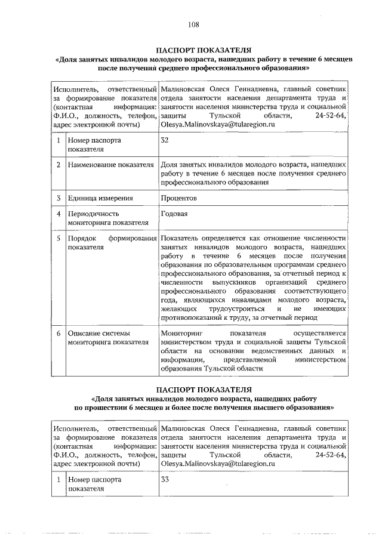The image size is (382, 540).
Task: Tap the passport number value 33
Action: pyautogui.click(x=165, y=479)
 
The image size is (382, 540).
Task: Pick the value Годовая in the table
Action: pyautogui.click(x=174, y=213)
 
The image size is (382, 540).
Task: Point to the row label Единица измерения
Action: pyautogui.click(x=100, y=198)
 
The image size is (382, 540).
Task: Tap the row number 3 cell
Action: pyautogui.click(x=58, y=198)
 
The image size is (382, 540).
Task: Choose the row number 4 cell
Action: pyautogui.click(x=58, y=213)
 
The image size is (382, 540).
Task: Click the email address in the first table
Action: pyautogui.click(x=217, y=125)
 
